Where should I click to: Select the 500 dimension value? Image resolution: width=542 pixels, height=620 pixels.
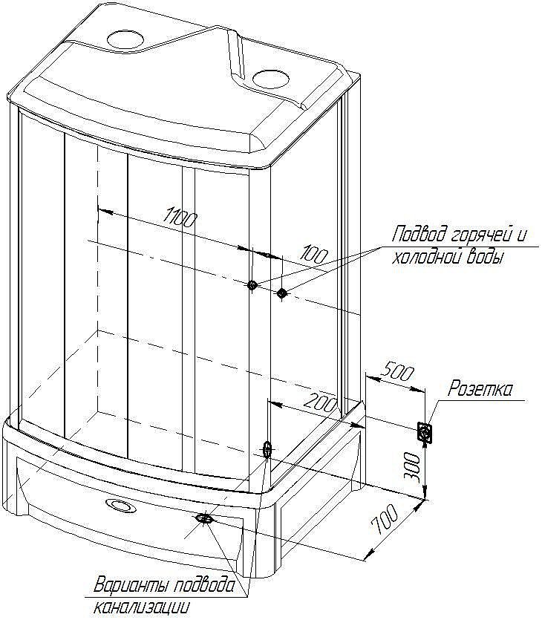(x=399, y=372)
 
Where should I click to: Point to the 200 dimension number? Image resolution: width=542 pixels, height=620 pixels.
(x=320, y=402)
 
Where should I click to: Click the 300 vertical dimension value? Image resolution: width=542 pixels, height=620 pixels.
(x=412, y=466)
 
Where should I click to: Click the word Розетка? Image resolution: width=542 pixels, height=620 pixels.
(x=480, y=389)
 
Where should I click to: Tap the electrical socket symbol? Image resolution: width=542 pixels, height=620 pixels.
(x=425, y=432)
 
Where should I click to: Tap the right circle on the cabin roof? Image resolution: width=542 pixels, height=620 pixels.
(x=271, y=79)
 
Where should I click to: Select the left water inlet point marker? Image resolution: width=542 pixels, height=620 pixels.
(x=252, y=284)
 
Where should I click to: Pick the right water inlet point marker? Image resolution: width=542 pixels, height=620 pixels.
(x=281, y=293)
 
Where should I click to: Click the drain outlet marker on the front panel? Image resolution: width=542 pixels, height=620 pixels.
(x=204, y=518)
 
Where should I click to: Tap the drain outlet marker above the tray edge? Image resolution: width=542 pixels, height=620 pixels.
(x=267, y=449)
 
